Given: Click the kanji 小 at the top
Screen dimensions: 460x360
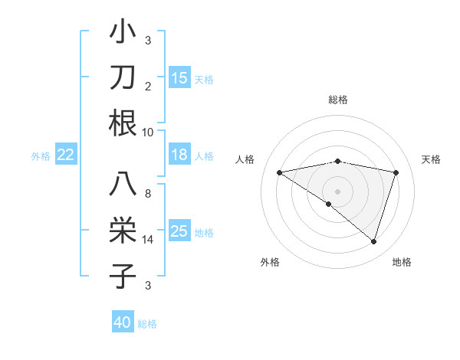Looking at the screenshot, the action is pos(123,33).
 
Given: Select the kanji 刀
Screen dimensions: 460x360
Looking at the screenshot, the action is pos(123,78).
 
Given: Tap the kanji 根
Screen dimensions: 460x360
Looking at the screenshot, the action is pos(123,123).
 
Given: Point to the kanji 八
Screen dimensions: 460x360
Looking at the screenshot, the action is pos(123,185).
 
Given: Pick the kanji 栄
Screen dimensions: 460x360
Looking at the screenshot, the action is pos(123,231).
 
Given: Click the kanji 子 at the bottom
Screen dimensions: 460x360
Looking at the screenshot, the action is pos(123,276).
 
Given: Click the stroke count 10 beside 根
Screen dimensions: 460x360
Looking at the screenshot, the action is pos(148,132).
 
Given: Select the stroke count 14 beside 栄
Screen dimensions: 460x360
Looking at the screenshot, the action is pos(148,240).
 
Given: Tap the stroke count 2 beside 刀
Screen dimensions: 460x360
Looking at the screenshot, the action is pos(148,87).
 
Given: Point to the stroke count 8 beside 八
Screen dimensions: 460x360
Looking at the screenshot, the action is pos(148,194).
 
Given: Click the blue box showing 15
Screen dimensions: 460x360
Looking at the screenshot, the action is pos(179,78).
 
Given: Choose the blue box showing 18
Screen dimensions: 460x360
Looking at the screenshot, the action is pos(179,155).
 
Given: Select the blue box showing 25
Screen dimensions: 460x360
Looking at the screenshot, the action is pos(179,231).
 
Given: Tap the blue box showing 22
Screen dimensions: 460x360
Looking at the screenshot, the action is pos(65,155).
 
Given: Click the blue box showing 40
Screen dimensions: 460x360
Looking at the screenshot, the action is pos(123,322).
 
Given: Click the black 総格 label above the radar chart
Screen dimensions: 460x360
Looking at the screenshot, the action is pos(337,100).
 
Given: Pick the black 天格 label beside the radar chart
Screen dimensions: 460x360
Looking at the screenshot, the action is pos(432,159).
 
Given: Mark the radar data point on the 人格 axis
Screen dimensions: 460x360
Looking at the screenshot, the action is pos(279,172).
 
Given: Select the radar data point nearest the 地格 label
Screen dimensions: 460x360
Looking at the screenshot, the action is pos(373,241).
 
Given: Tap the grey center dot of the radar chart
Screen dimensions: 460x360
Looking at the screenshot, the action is pos(337,191).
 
